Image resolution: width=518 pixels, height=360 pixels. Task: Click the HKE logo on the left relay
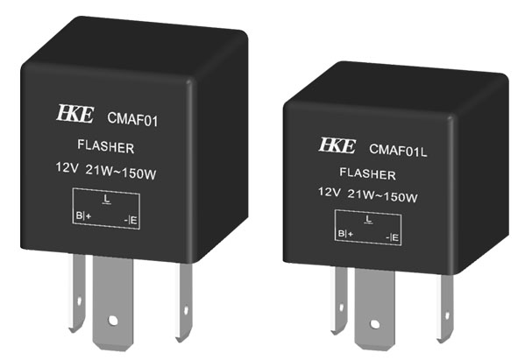(x=75, y=114)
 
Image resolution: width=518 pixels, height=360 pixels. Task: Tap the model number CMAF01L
(x=398, y=150)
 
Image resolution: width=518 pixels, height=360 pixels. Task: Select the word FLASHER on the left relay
(x=106, y=146)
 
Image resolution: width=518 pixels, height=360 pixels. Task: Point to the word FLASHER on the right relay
(x=368, y=173)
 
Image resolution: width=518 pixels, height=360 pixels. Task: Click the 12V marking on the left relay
(x=67, y=167)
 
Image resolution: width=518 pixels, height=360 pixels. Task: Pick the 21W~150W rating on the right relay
(x=382, y=195)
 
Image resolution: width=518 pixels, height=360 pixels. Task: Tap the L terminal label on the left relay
(x=106, y=199)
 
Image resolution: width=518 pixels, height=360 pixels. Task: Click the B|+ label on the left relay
(x=83, y=215)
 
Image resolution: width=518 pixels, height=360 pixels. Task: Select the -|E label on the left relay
(x=131, y=220)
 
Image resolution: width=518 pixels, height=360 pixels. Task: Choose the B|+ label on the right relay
(x=345, y=234)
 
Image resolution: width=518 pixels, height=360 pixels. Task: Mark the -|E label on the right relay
(x=392, y=237)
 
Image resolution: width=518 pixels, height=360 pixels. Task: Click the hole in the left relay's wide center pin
(x=113, y=320)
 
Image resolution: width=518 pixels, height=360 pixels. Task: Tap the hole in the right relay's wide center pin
(x=374, y=324)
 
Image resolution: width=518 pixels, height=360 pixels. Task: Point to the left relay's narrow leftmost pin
(x=77, y=293)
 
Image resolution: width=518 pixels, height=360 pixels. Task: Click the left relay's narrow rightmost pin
(x=184, y=302)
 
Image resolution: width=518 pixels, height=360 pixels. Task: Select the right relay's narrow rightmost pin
(x=445, y=307)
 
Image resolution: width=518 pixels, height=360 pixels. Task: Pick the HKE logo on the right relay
(x=337, y=145)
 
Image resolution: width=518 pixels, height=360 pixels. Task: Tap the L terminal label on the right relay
(x=368, y=219)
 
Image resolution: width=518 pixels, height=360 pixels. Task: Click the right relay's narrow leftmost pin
(x=339, y=300)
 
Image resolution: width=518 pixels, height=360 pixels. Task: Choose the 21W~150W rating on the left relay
(x=121, y=172)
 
